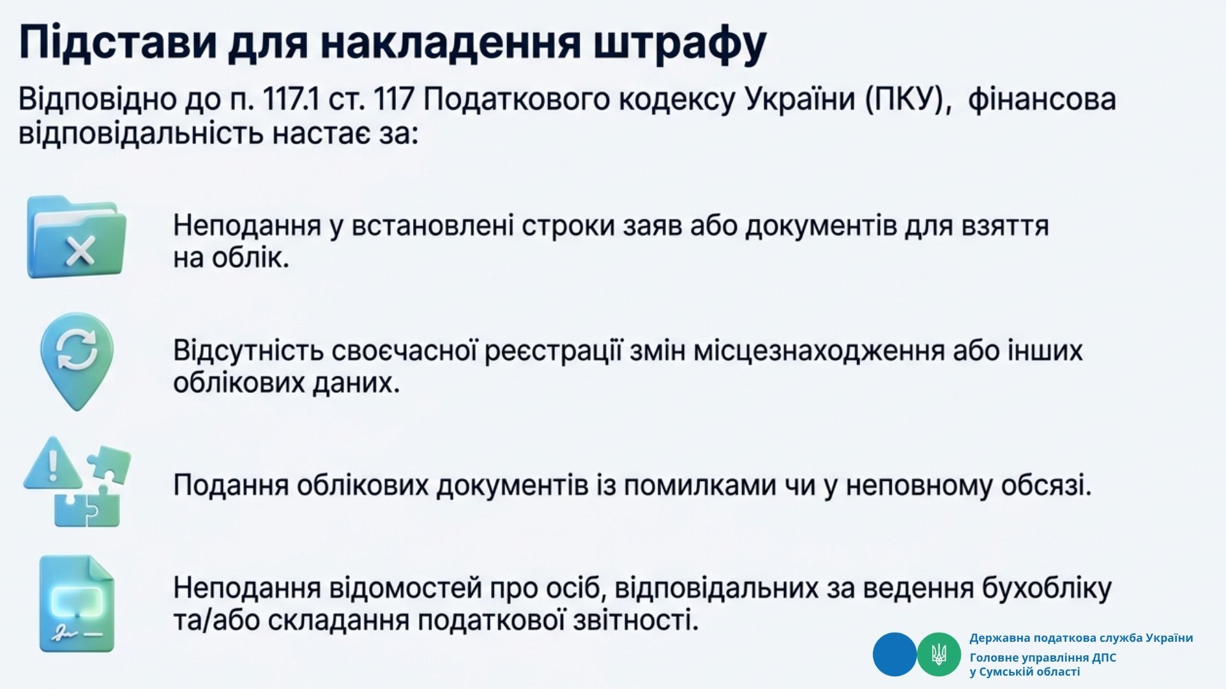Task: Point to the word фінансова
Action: (x=1041, y=100)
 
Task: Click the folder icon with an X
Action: (x=77, y=237)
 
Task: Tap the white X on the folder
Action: (x=80, y=250)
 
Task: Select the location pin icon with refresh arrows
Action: (x=77, y=361)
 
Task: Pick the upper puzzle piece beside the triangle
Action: (x=109, y=463)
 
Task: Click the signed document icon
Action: (x=77, y=604)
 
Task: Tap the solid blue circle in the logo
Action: (x=895, y=655)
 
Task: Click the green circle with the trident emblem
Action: (x=939, y=655)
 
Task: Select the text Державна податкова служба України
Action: (x=1081, y=638)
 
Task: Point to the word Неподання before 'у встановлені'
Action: (x=247, y=226)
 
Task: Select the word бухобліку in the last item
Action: (x=1047, y=588)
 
